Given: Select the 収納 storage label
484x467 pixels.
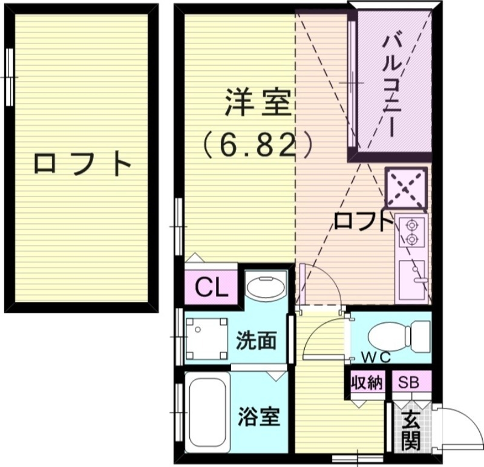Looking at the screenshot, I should tap(367, 382).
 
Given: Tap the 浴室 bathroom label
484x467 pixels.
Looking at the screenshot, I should tap(258, 417).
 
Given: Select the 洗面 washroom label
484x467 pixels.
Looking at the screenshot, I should tap(257, 341).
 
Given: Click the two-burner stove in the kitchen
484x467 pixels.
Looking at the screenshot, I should tap(412, 232).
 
